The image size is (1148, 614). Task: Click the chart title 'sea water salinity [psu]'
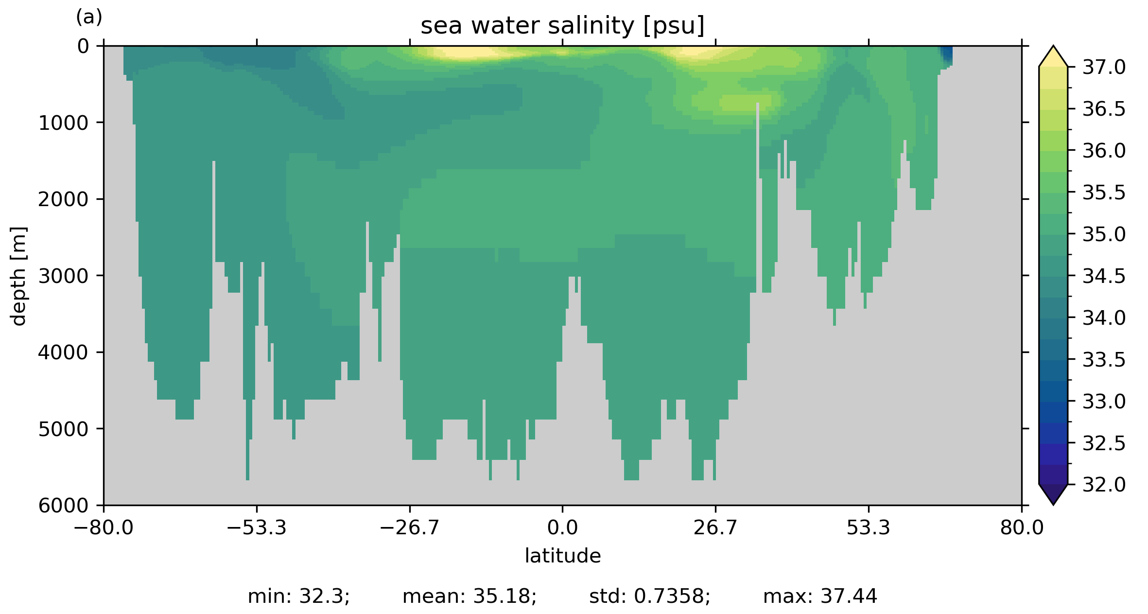tap(562, 26)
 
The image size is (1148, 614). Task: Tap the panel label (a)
tap(89, 18)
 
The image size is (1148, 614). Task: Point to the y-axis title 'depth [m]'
tap(18, 276)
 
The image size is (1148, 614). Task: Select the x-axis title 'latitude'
tap(562, 556)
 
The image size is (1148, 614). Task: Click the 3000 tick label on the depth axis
tap(64, 276)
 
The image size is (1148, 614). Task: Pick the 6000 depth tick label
tap(64, 506)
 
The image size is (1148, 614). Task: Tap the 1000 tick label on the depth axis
tap(64, 123)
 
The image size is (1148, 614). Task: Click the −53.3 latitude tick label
tap(257, 527)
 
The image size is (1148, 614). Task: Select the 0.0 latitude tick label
tap(562, 527)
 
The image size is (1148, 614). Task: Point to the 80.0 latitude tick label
tap(1021, 527)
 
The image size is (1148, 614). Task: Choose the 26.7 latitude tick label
tap(715, 527)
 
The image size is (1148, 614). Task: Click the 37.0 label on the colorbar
tap(1104, 68)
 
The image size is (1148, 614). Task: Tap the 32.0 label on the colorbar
tap(1104, 485)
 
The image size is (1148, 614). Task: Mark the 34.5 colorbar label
tap(1104, 276)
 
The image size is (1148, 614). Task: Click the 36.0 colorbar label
tap(1104, 151)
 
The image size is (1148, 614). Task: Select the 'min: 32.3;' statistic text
tap(298, 596)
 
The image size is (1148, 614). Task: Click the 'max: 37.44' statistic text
tap(820, 596)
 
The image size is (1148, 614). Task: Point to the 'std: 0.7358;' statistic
tap(649, 596)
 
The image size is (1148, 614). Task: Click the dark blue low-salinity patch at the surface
tap(946, 55)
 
